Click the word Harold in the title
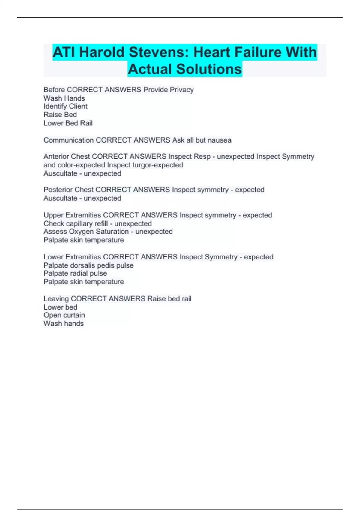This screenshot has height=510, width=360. tap(102, 52)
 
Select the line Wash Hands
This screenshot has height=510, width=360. tap(64, 98)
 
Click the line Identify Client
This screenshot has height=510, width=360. tap(65, 106)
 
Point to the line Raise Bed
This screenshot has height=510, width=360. tap(60, 115)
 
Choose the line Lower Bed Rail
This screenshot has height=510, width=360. tap(68, 123)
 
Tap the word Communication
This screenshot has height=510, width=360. tap(69, 140)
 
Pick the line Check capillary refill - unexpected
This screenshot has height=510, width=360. tap(97, 223)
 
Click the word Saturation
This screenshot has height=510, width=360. tap(111, 232)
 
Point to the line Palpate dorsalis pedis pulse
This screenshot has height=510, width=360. tap(88, 265)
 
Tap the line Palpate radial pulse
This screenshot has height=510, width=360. tap(75, 273)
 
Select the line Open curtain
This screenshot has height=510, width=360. tap(64, 315)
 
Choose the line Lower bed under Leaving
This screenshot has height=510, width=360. tap(60, 307)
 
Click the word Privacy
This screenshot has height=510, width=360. tap(182, 90)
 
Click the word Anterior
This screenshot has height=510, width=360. tap(55, 157)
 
